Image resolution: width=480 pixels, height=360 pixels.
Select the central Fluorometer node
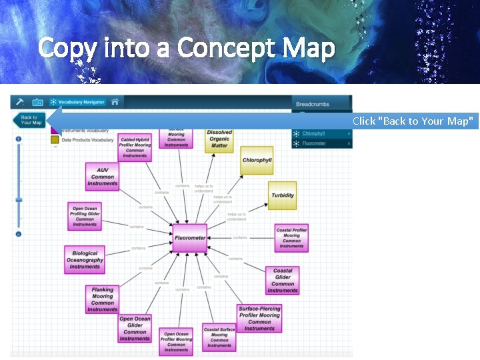tap(190, 238)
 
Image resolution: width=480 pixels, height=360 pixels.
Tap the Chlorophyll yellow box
tap(257, 161)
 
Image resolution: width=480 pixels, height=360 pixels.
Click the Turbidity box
tap(283, 195)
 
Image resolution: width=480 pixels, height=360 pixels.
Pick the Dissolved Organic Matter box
tap(219, 139)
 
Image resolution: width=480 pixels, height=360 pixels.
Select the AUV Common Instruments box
tap(103, 177)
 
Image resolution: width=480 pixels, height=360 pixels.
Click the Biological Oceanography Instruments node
tap(85, 260)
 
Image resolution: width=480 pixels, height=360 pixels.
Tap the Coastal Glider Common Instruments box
tap(283, 281)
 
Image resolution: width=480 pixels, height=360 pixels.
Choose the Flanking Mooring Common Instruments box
tap(102, 299)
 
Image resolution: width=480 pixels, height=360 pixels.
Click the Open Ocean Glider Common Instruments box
tap(135, 329)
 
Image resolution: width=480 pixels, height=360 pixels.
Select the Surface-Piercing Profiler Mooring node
tap(259, 319)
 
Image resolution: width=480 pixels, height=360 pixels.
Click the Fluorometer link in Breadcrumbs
tap(314, 143)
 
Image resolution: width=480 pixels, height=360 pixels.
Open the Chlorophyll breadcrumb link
tap(313, 133)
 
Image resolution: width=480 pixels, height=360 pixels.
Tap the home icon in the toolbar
tap(115, 102)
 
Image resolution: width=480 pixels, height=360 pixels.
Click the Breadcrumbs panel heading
tap(313, 104)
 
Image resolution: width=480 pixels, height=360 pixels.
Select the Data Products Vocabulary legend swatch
tap(55, 140)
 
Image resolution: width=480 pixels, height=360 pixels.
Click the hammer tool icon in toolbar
tap(20, 102)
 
